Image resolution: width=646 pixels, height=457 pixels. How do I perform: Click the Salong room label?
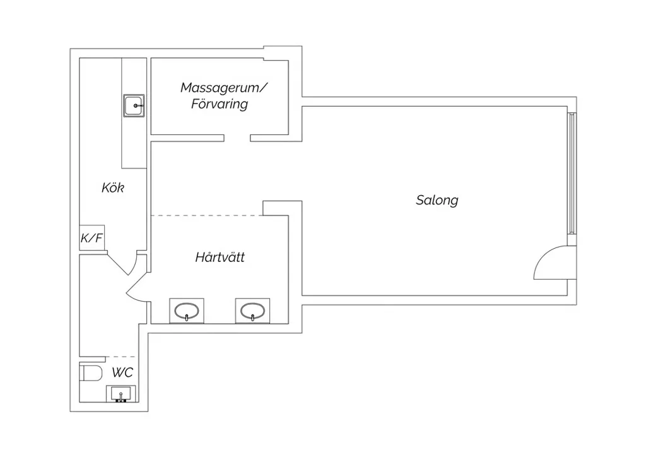[x=437, y=200]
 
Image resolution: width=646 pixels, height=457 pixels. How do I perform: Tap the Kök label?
[x=112, y=188]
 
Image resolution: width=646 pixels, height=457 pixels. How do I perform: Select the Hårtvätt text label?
[x=220, y=257]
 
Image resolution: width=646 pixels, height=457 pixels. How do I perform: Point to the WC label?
[x=122, y=372]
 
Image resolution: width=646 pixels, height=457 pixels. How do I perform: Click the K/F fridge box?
[x=92, y=237]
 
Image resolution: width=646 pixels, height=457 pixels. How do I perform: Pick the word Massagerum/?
[x=224, y=88]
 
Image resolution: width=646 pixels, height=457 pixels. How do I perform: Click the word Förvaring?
[x=220, y=104]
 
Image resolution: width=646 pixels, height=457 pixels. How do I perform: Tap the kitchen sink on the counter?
[x=134, y=105]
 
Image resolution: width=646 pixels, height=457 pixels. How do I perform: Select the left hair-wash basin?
[x=187, y=311]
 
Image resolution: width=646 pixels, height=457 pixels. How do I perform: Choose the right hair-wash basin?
[x=252, y=311]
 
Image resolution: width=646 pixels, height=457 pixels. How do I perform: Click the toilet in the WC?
[x=91, y=373]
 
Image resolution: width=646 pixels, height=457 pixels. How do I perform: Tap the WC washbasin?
[x=120, y=393]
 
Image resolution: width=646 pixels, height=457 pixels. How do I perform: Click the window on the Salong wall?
[x=572, y=173]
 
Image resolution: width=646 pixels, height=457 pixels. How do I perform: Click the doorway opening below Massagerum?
[x=237, y=138]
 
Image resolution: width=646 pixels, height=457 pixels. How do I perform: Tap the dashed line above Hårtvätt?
[x=207, y=215]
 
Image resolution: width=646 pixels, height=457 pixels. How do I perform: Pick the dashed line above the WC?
[x=120, y=357]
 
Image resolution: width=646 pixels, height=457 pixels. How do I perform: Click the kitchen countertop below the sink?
[x=134, y=143]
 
